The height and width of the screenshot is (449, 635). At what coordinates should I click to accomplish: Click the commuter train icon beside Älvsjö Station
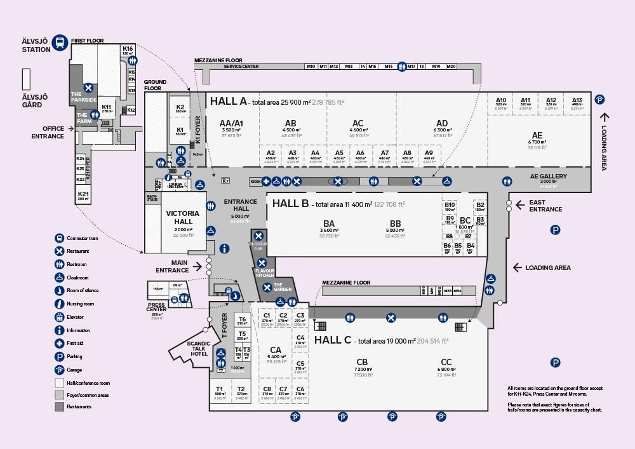[61, 41]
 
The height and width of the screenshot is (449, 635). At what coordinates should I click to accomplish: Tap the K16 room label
[128, 49]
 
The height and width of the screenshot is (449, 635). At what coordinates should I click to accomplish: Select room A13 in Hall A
[577, 100]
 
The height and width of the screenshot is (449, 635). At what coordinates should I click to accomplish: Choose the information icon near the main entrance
[224, 248]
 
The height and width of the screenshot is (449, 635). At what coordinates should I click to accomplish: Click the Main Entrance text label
[171, 266]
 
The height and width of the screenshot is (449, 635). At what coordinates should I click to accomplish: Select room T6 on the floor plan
[242, 319]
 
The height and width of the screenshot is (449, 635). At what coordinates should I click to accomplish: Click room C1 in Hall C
[267, 316]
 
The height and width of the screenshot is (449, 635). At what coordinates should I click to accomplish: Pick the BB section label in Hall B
[396, 224]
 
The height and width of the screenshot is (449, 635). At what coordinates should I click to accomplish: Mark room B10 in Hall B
[450, 205]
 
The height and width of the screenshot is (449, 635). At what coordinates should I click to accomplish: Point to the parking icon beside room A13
[599, 99]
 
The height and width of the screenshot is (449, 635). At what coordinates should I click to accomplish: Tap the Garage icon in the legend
[60, 370]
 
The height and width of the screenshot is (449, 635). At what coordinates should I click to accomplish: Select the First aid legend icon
[60, 344]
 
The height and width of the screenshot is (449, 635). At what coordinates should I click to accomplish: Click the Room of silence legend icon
[60, 291]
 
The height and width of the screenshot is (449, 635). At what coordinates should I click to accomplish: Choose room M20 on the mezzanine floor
[451, 66]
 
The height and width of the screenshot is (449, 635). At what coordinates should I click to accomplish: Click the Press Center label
[157, 307]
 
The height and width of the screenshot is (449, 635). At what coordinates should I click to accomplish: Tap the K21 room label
[83, 193]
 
